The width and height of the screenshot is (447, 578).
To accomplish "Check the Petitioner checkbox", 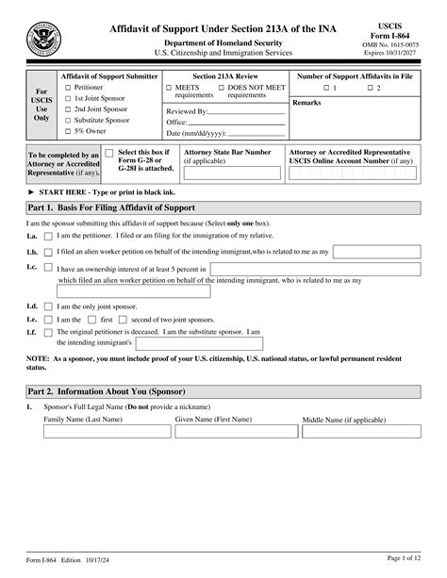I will click(64, 87).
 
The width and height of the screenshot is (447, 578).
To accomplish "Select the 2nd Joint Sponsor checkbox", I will click(64, 109).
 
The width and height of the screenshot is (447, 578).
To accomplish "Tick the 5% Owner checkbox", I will click(64, 132).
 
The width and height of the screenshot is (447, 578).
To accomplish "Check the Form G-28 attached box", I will click(110, 152).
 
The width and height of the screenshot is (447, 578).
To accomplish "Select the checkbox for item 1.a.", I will click(49, 235).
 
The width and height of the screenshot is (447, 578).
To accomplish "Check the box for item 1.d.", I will click(49, 306).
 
